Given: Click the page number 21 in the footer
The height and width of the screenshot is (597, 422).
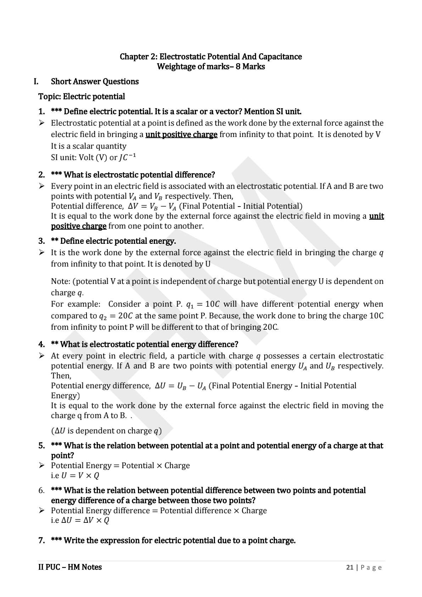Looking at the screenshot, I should tap(350, 567).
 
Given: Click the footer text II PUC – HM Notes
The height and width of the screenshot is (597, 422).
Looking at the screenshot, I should tap(70, 567).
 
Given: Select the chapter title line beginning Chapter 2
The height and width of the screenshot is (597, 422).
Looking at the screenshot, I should tap(211, 56).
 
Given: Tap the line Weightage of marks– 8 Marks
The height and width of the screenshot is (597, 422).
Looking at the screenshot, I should tap(211, 66).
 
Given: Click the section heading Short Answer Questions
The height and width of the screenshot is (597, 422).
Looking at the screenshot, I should tap(95, 81).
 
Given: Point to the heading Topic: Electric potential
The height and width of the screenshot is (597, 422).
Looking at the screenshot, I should tap(82, 97).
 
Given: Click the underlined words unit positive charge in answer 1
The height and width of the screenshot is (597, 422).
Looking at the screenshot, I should tap(181, 135).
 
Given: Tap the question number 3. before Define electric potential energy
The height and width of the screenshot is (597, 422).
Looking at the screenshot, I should tap(42, 241).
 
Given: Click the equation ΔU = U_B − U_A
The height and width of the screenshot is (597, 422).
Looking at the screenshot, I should tap(181, 386).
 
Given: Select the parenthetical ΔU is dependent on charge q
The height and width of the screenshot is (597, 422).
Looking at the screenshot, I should tap(106, 431).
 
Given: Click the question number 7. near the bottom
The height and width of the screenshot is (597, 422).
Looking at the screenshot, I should tap(42, 541).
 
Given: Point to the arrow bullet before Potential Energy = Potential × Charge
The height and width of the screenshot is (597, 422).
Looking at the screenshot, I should tap(42, 465).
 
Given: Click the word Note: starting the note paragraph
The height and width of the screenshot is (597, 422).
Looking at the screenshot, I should tap(61, 281).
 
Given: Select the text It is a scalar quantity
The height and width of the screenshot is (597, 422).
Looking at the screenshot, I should tap(89, 146).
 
